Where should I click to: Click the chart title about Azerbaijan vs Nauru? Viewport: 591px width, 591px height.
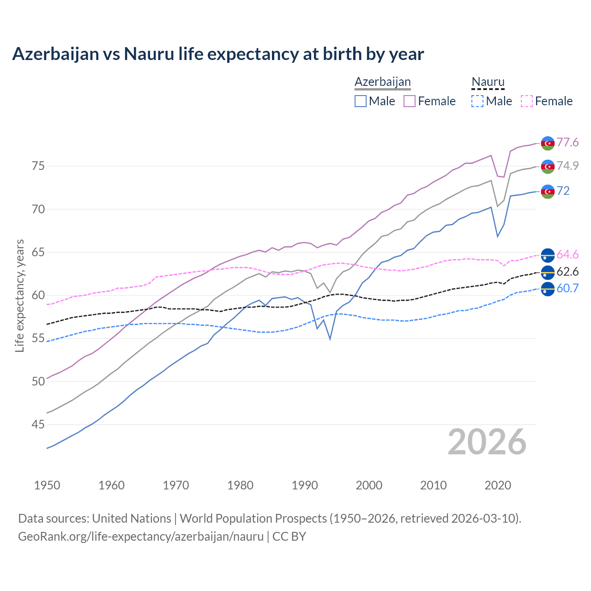(218, 54)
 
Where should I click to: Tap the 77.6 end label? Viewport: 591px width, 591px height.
(567, 143)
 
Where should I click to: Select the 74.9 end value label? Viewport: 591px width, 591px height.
(567, 166)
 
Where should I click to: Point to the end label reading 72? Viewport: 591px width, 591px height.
(563, 191)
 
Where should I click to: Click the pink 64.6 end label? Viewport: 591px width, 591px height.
(567, 255)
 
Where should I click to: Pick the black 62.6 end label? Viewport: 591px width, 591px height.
(567, 272)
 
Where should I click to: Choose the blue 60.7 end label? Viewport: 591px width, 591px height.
(567, 289)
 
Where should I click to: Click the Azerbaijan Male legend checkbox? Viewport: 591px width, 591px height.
(361, 101)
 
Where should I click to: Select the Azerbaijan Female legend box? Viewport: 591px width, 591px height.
(410, 101)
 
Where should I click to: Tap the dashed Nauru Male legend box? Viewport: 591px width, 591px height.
(477, 101)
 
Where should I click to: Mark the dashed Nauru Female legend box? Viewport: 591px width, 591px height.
(526, 101)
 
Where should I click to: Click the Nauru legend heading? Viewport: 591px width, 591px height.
(488, 82)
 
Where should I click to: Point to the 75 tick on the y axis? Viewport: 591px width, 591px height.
(38, 166)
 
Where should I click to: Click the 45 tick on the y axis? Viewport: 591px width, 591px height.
(38, 424)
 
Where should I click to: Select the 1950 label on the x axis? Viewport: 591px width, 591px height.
(47, 485)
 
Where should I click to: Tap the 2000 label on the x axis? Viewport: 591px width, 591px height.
(369, 485)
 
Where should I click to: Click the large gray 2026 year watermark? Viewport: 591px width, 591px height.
(487, 442)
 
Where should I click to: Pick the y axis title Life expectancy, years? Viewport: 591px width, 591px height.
(20, 295)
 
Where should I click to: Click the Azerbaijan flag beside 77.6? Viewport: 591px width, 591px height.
(548, 143)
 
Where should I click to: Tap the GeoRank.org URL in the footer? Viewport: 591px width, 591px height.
(141, 537)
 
